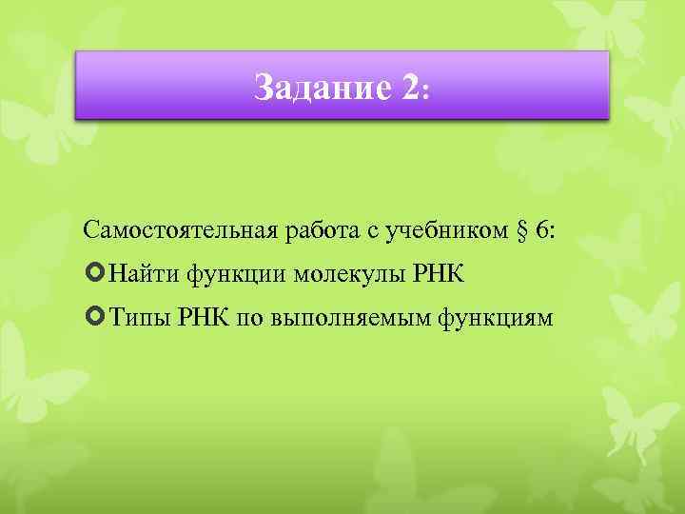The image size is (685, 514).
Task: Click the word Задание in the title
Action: (321, 88)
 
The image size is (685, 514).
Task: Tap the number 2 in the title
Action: (409, 88)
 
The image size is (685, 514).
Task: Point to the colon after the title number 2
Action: (427, 91)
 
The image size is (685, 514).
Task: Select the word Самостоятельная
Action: (178, 231)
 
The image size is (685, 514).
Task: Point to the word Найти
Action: (144, 275)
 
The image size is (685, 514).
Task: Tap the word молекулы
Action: (349, 275)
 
